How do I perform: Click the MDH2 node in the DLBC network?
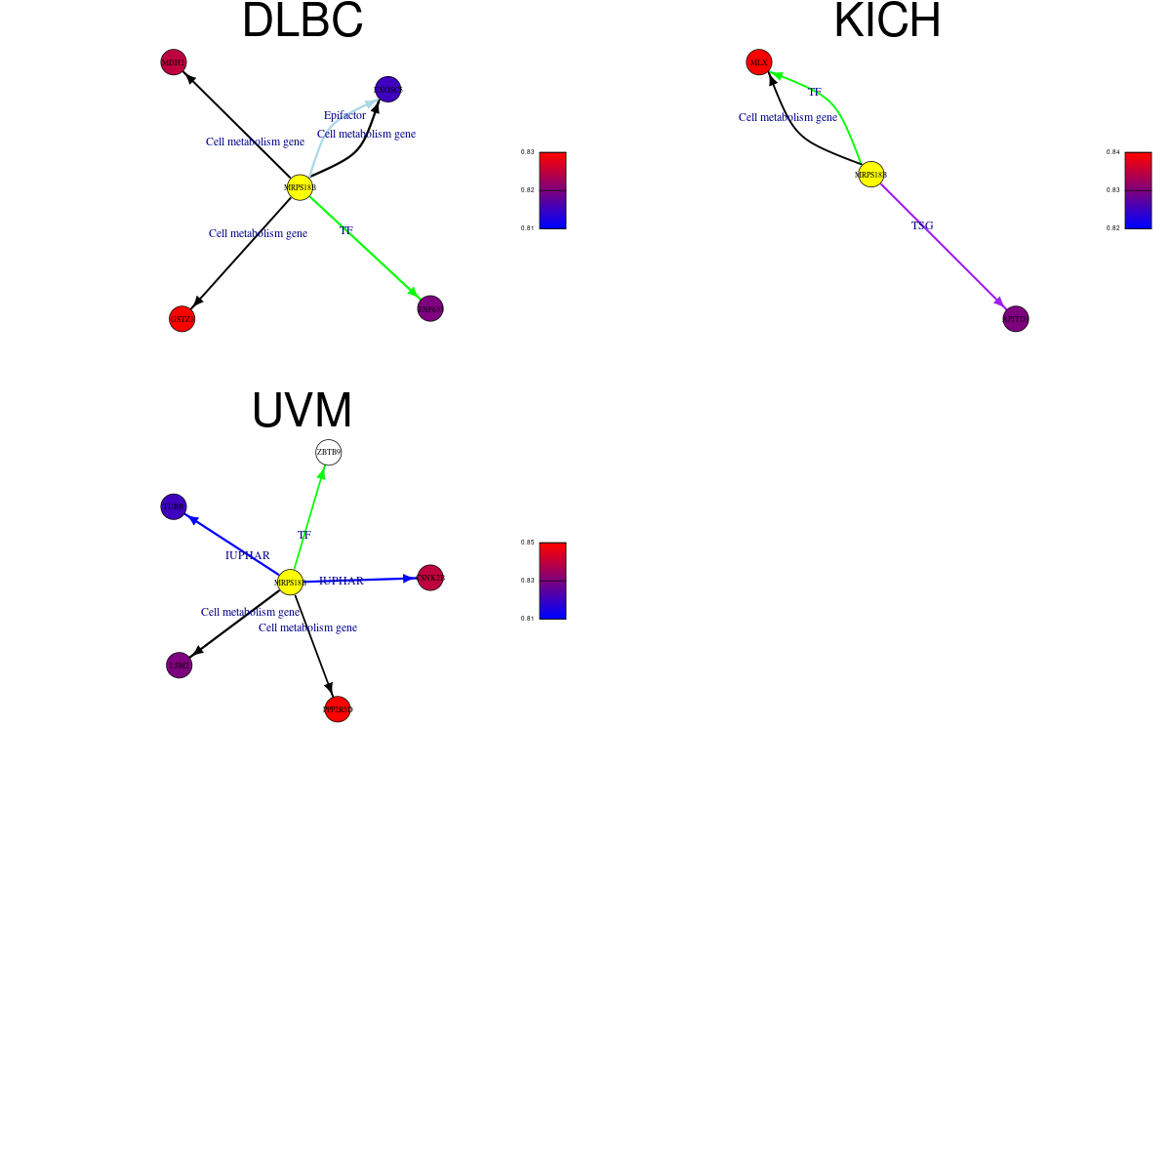[174, 62]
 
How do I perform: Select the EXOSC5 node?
[387, 90]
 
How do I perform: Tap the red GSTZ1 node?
[182, 319]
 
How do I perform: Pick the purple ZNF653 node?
[430, 308]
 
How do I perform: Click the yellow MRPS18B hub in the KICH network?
[870, 175]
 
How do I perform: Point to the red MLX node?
[759, 62]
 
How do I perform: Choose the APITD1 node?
[1016, 319]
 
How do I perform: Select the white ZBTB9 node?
[329, 453]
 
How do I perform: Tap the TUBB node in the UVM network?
[174, 506]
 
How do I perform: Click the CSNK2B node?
[430, 578]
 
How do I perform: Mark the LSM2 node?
[180, 666]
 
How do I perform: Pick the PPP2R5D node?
[338, 709]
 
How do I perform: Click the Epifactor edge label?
[344, 115]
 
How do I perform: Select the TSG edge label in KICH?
[922, 225]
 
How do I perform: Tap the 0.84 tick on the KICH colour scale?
[1112, 152]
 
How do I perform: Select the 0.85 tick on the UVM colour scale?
[527, 543]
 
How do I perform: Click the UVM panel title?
[302, 411]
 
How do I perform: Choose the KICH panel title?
[887, 20]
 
